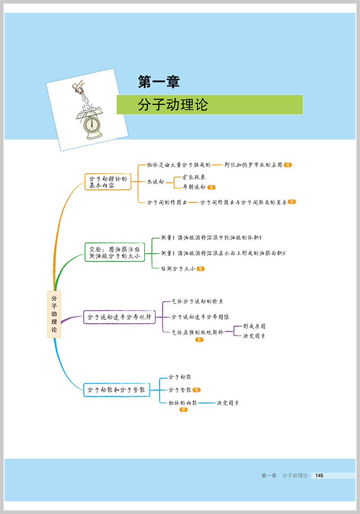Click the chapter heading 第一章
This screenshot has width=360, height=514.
point(158,82)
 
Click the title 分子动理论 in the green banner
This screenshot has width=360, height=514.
point(173,105)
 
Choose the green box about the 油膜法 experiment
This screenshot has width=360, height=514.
point(115,252)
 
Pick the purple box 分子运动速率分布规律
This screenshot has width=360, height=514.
point(119,317)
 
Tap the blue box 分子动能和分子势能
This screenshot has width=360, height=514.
point(117,390)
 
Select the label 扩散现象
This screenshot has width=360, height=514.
point(194,177)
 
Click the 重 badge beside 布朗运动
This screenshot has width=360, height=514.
point(211,187)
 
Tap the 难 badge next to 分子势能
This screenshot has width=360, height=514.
point(196,390)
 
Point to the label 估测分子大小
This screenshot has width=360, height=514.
point(178,268)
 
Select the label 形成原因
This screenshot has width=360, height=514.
point(254,326)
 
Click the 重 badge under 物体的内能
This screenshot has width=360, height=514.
point(183,410)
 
